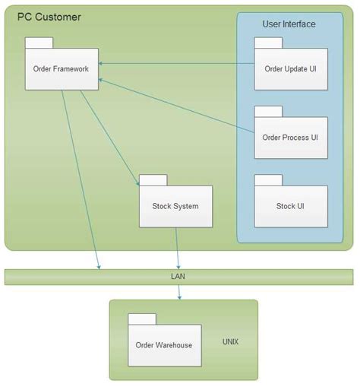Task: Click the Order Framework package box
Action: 61,69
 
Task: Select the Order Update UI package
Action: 290,69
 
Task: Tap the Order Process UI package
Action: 290,138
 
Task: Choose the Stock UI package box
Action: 290,205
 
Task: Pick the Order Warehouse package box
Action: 164,345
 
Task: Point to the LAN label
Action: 178,277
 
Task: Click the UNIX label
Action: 230,341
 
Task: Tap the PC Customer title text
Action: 49,17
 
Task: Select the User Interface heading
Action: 289,24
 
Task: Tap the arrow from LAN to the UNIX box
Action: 179,292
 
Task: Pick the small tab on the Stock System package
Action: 153,180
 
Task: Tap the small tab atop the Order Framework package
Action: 39,43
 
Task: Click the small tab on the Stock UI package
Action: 267,179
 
